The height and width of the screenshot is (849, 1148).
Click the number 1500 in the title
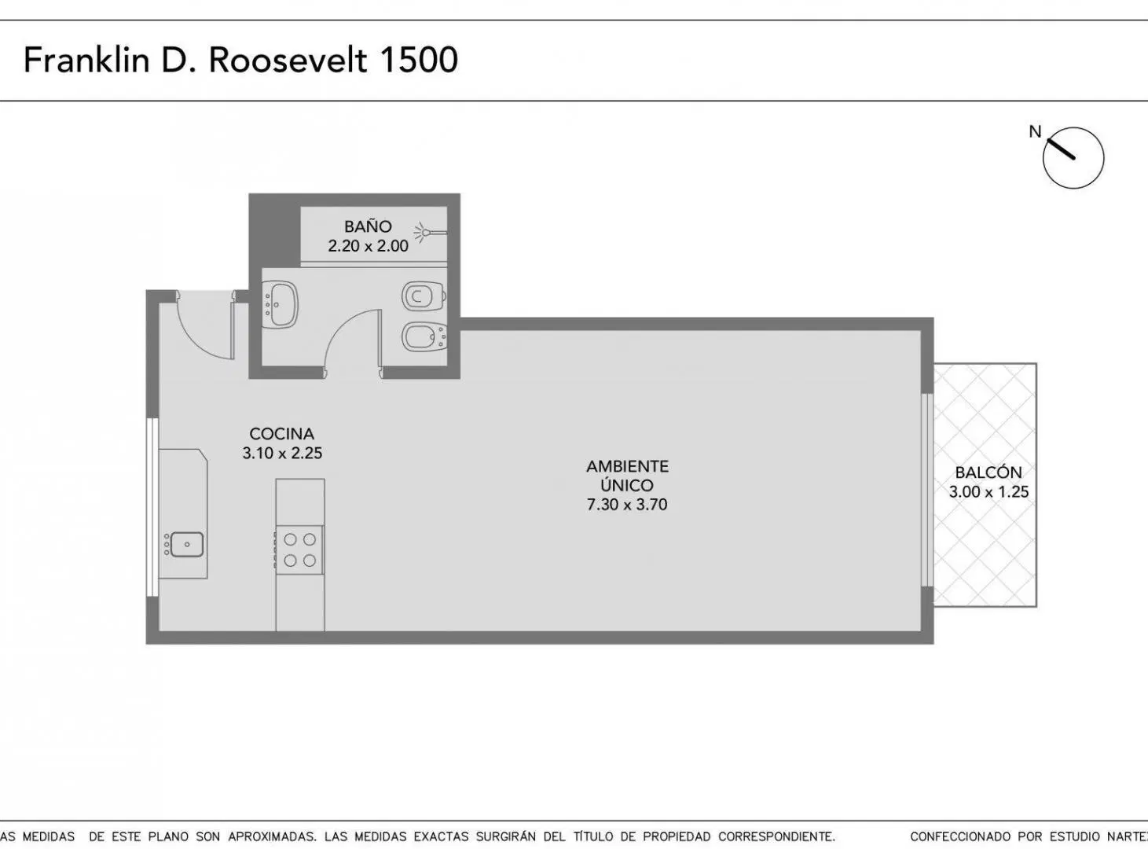tap(419, 60)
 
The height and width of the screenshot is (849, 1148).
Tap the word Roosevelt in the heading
tap(288, 60)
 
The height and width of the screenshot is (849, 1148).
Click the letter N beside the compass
tap(1035, 132)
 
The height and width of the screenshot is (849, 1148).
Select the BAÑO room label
tap(368, 226)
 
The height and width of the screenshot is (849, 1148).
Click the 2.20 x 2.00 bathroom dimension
tap(368, 246)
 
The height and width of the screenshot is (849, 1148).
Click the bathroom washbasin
tap(281, 304)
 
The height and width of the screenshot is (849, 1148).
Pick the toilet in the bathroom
tap(424, 296)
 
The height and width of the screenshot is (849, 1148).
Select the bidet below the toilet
tap(424, 336)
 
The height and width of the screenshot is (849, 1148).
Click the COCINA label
tap(281, 434)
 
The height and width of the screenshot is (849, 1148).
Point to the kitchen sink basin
tap(186, 545)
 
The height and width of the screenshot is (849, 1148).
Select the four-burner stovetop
tap(299, 549)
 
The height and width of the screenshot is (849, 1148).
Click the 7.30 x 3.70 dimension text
tap(627, 505)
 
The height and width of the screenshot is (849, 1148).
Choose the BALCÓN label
tap(988, 472)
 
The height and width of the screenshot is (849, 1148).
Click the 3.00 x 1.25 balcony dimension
tap(988, 491)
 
